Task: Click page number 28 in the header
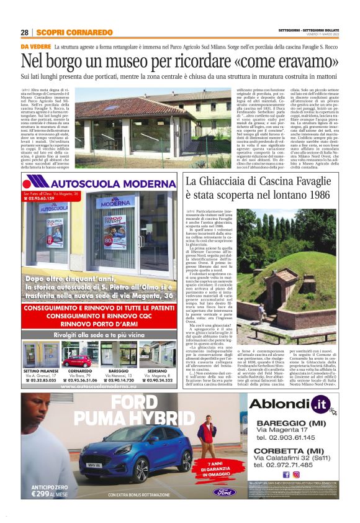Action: [25, 32]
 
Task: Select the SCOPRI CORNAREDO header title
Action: [74, 32]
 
